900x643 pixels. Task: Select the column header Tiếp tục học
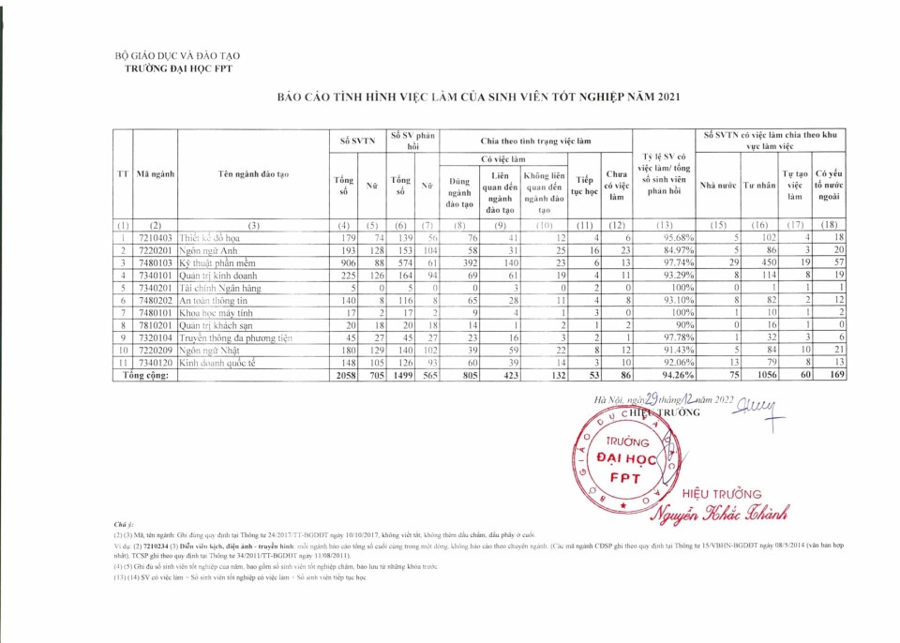(x=585, y=185)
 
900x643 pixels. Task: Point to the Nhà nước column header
(x=719, y=185)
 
